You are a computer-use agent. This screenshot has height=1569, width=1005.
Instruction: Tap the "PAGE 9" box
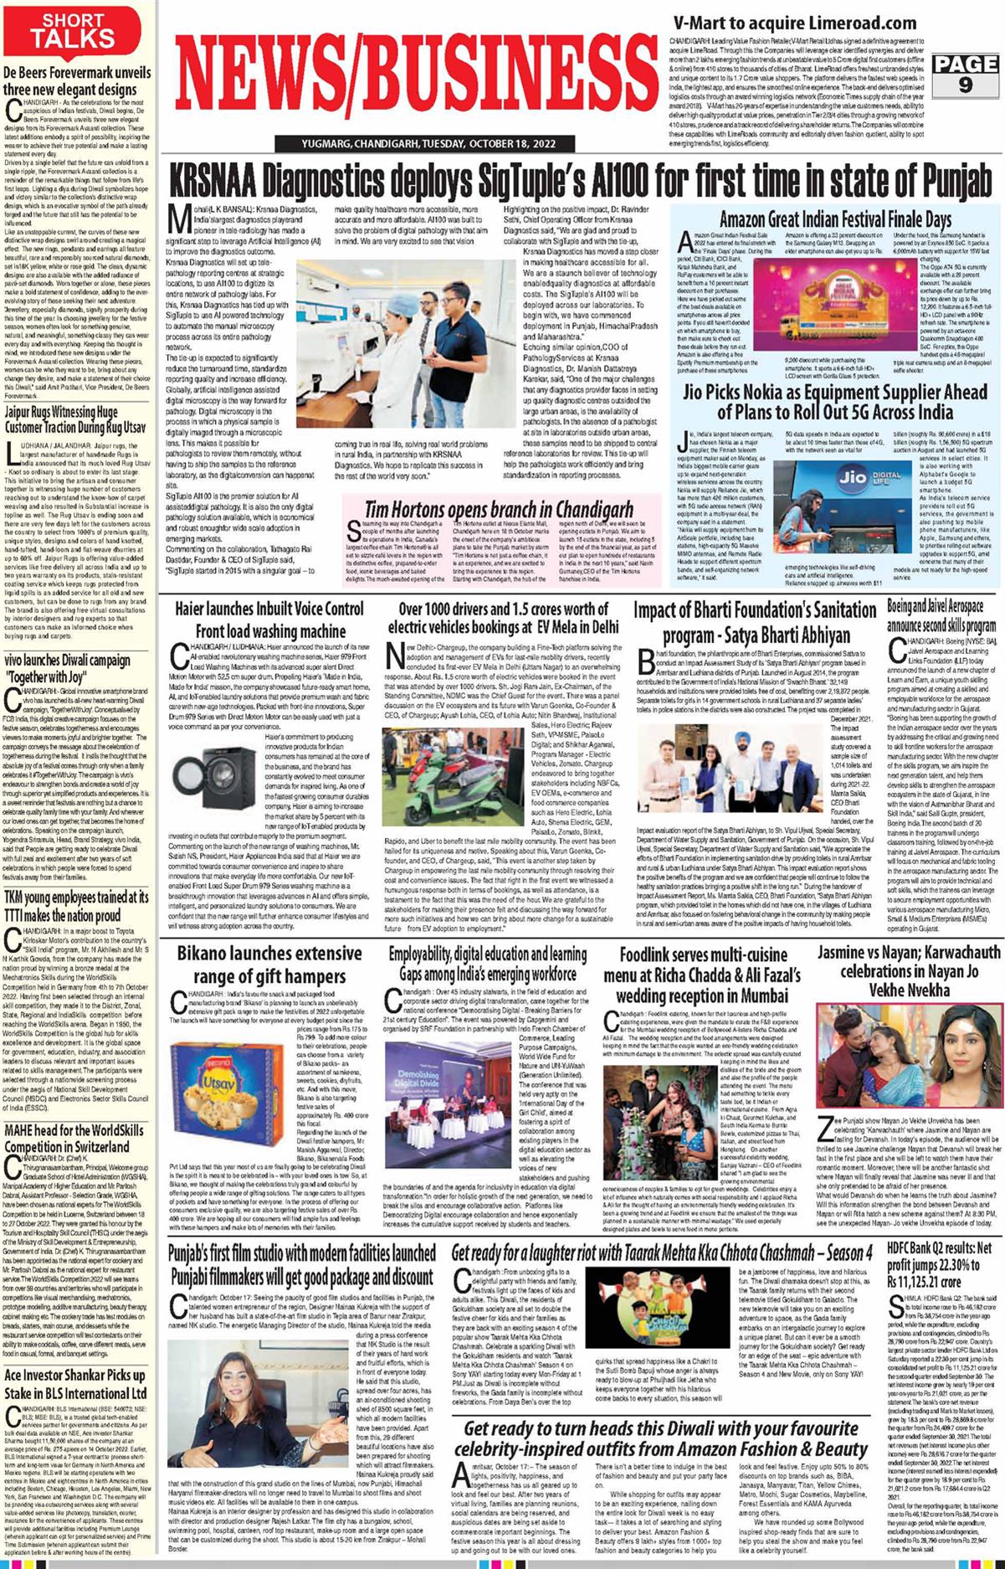click(x=965, y=74)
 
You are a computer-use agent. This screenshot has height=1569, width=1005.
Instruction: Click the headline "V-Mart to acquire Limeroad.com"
click(x=782, y=23)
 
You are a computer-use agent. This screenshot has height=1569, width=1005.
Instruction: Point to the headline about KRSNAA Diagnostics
click(x=581, y=181)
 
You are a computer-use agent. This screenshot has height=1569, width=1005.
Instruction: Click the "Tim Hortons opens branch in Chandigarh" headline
click(x=499, y=509)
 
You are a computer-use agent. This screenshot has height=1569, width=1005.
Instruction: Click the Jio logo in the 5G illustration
click(x=852, y=478)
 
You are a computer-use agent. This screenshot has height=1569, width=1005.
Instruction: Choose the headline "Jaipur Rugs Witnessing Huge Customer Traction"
click(x=76, y=419)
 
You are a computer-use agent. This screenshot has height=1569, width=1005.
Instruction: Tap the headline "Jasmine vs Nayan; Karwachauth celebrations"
click(x=909, y=971)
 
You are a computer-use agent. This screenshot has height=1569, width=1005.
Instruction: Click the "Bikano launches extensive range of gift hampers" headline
click(x=269, y=965)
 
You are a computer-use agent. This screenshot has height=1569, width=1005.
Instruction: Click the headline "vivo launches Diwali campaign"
click(x=68, y=668)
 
